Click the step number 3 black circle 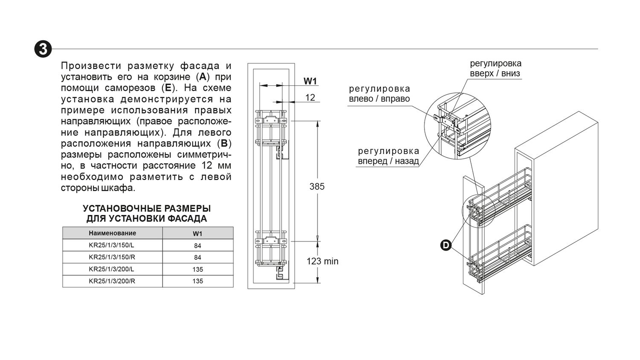pyautogui.click(x=43, y=49)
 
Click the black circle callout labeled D pyautogui.click(x=446, y=245)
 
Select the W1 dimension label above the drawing pyautogui.click(x=310, y=81)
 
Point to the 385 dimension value pyautogui.click(x=317, y=186)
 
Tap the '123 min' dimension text pyautogui.click(x=323, y=261)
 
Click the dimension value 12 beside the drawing pyautogui.click(x=310, y=97)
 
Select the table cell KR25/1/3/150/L pyautogui.click(x=111, y=245)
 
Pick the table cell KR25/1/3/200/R pyautogui.click(x=112, y=281)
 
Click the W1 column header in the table pyautogui.click(x=198, y=233)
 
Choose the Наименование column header pyautogui.click(x=112, y=233)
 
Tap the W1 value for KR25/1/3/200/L pyautogui.click(x=198, y=269)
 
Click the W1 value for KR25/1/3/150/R pyautogui.click(x=198, y=257)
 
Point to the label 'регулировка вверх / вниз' pyautogui.click(x=496, y=68)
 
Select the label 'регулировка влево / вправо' pyautogui.click(x=379, y=94)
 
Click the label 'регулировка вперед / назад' pyautogui.click(x=389, y=156)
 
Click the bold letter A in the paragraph pyautogui.click(x=203, y=77)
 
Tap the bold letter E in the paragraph pyautogui.click(x=168, y=88)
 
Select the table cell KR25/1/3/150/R pyautogui.click(x=112, y=257)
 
